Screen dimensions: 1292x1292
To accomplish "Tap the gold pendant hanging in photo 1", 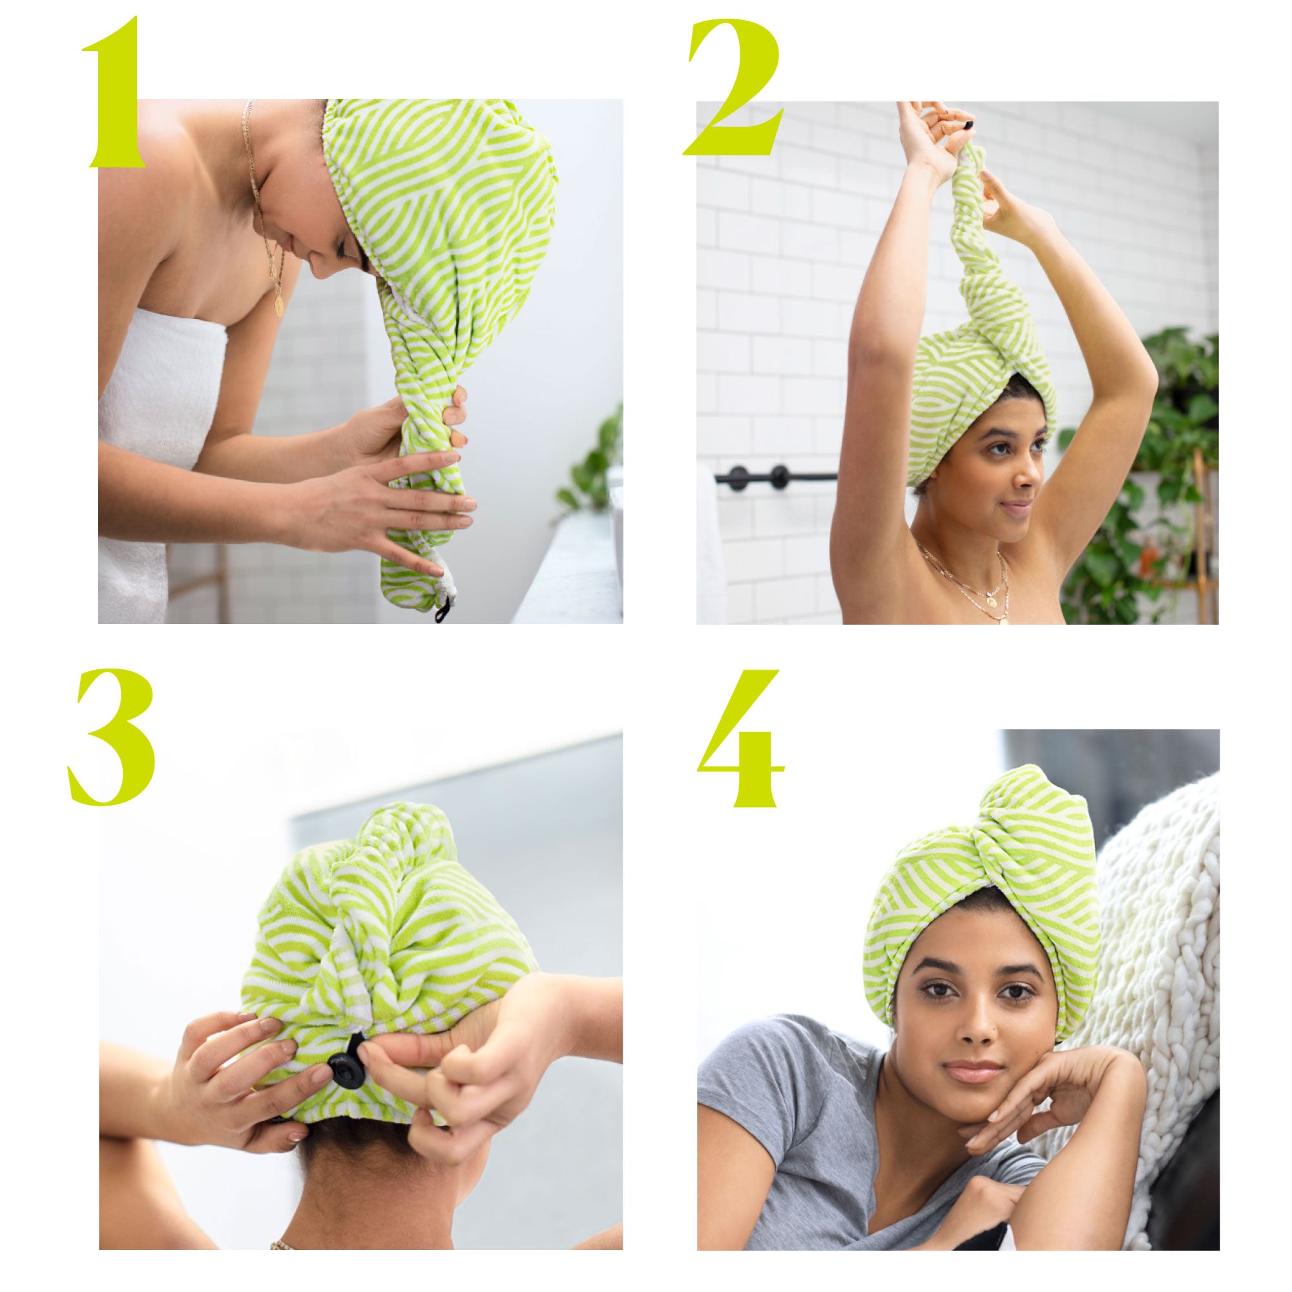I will pyautogui.click(x=277, y=304).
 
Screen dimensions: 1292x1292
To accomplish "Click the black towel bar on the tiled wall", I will pyautogui.click(x=776, y=477).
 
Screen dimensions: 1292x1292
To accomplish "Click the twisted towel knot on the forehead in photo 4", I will pyautogui.click(x=983, y=862).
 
